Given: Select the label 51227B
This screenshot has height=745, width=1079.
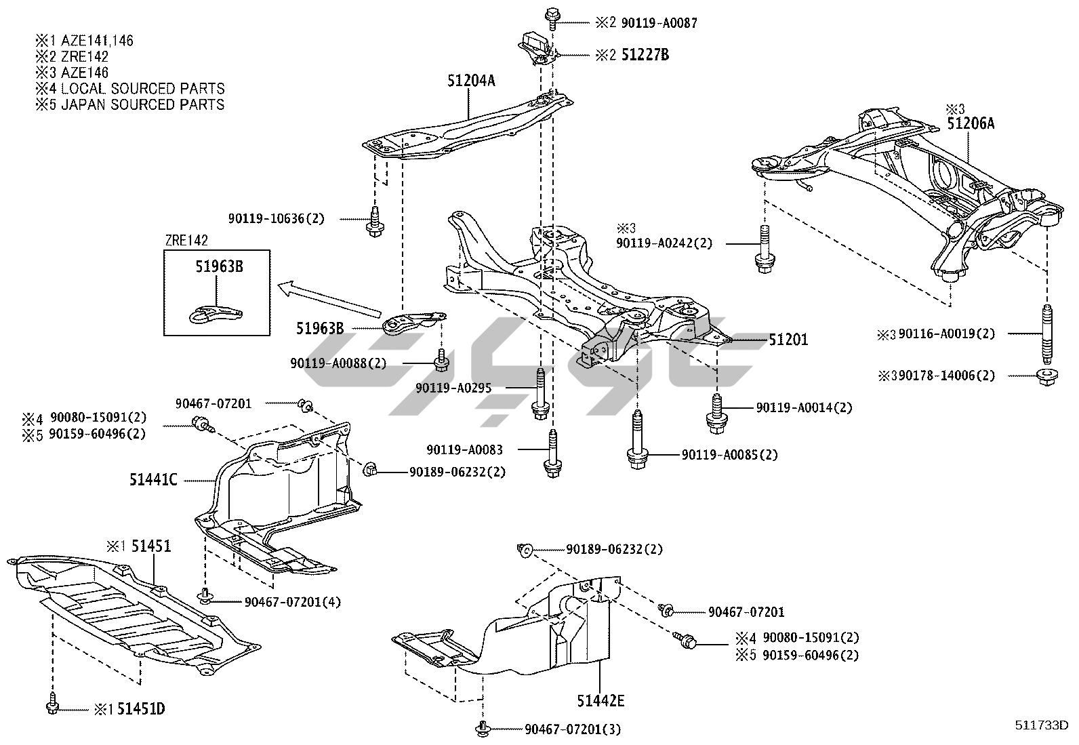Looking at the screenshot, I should (645, 55).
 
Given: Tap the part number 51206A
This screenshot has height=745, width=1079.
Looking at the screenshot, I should (971, 123).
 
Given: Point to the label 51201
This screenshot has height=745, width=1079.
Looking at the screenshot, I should (788, 339).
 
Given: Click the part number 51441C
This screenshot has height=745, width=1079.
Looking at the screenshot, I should (153, 480).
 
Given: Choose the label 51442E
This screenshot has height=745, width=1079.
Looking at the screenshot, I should (600, 700).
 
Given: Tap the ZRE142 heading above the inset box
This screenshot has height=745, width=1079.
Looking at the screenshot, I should (186, 240).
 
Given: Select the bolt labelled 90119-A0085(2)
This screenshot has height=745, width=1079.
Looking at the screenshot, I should (637, 441).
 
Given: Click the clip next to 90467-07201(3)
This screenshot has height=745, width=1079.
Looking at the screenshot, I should (483, 729).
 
